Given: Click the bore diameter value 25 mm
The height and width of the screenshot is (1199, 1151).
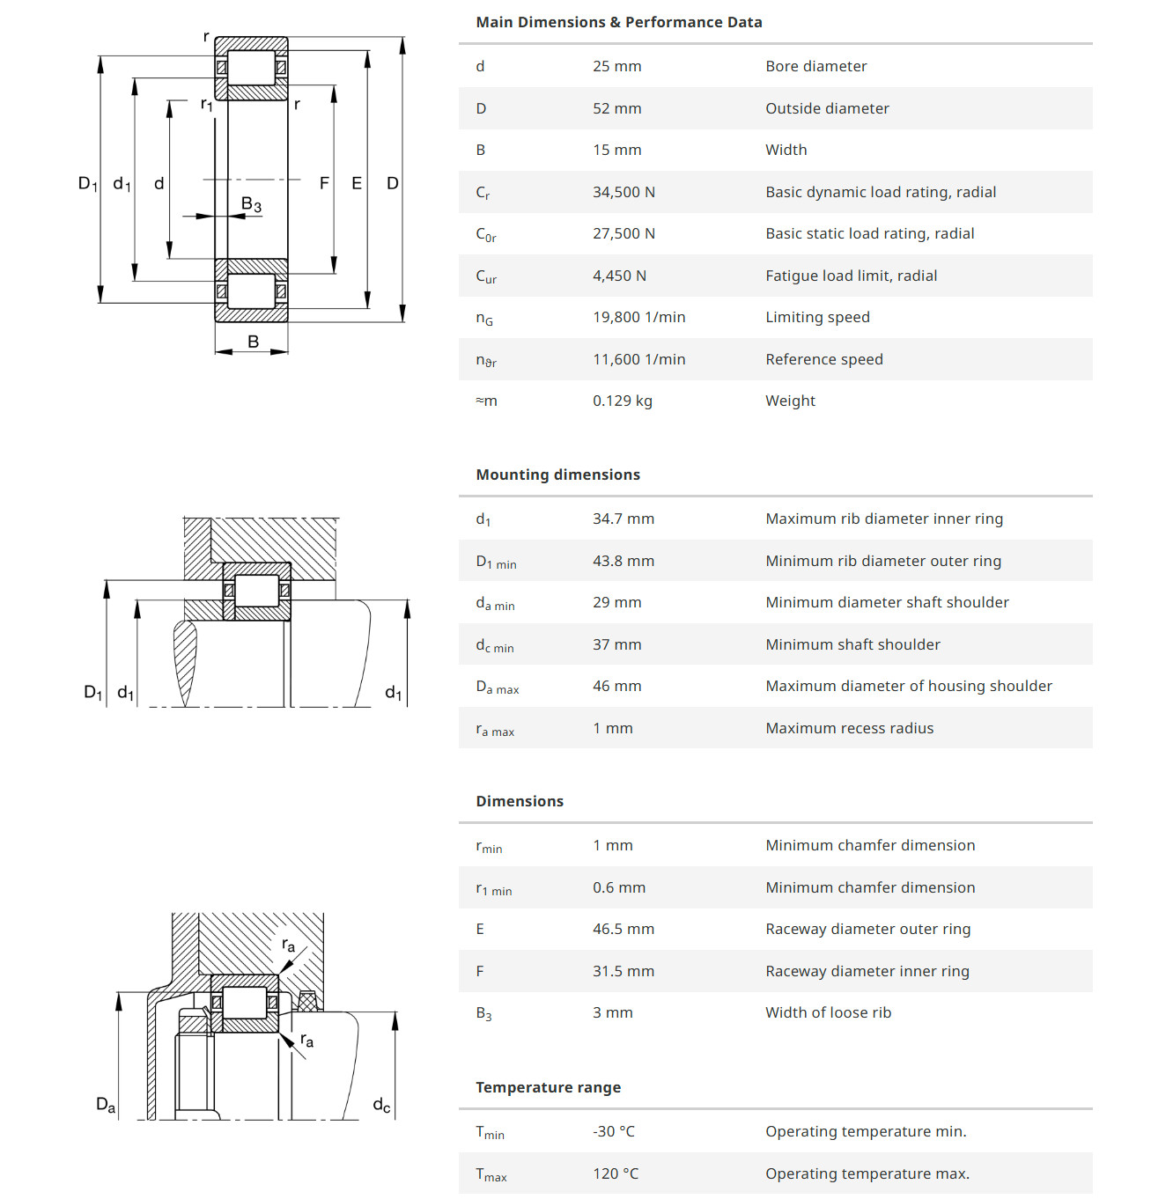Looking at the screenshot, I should (x=616, y=66).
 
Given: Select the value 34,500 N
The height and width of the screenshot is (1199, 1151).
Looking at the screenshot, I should (x=623, y=192).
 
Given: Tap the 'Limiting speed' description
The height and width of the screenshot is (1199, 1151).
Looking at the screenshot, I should (x=817, y=317).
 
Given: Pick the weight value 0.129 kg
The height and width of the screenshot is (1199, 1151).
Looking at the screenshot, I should (x=622, y=401).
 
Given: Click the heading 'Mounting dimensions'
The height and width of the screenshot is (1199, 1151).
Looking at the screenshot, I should (x=557, y=474).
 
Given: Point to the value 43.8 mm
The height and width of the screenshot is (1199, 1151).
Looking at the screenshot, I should (x=623, y=561).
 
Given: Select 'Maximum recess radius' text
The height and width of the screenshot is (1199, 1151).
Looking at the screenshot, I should (x=849, y=728).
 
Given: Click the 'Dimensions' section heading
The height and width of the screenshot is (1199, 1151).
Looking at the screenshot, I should (x=520, y=801).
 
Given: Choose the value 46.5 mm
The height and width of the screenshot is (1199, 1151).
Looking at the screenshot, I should (x=623, y=929).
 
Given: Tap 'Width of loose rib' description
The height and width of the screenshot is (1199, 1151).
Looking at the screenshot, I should (x=828, y=1012).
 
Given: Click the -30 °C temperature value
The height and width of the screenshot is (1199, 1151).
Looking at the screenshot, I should (x=613, y=1131).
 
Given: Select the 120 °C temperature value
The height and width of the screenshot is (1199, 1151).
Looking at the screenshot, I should (x=615, y=1173).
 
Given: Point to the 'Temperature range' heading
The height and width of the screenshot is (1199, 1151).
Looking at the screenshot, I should (x=548, y=1087).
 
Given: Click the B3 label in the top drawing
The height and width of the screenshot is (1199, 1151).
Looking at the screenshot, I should (x=251, y=204).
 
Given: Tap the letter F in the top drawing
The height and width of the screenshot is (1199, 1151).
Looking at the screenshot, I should (x=324, y=183).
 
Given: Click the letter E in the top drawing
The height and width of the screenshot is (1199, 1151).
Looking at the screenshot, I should (x=357, y=183).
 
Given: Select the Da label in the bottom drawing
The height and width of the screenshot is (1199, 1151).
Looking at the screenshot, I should (x=106, y=1104).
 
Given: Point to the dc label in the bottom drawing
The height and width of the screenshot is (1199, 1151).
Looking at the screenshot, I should (x=381, y=1105).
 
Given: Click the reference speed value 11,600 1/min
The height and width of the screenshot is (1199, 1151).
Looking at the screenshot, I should (x=638, y=359).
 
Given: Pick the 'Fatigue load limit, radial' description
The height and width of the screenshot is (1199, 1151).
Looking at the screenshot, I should (x=851, y=276).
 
